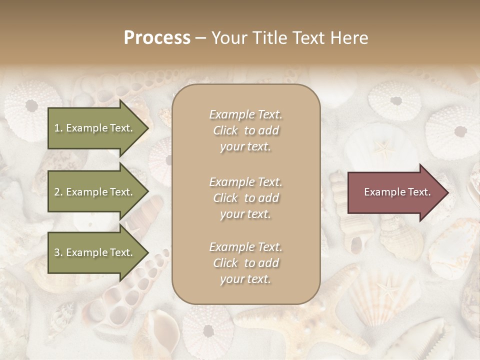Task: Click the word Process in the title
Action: tap(157, 38)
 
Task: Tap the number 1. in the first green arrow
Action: tap(58, 128)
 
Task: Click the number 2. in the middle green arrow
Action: tap(58, 192)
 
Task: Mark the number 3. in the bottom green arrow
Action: tap(58, 252)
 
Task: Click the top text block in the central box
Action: tap(246, 130)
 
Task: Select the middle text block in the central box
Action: tap(246, 198)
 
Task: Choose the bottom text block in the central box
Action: tap(246, 263)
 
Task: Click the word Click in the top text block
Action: tap(225, 130)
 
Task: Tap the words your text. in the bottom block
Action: tap(245, 279)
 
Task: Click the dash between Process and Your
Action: tap(201, 38)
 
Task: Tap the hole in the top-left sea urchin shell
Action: tap(31, 105)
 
